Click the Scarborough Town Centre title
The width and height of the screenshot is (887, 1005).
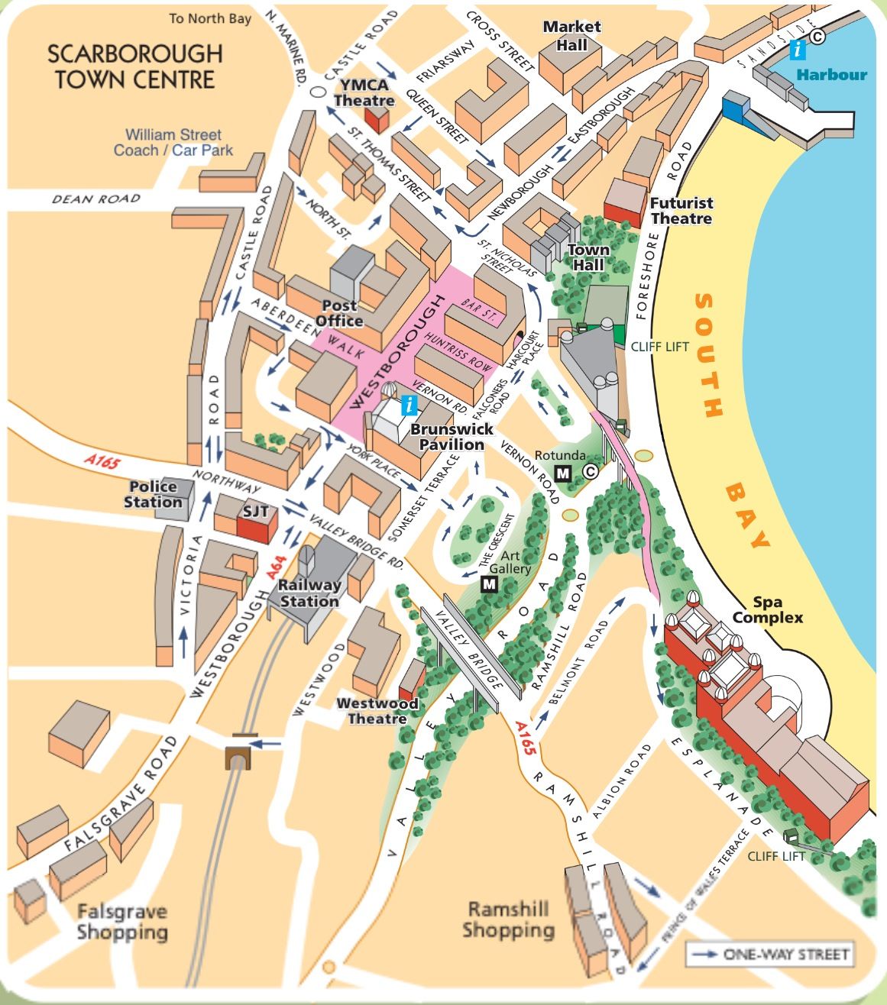point(134,66)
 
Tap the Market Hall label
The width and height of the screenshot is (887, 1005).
point(571,35)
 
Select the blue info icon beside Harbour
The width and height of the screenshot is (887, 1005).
point(798,50)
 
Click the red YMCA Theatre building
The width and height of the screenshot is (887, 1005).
point(376,119)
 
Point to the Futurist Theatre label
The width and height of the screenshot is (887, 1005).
point(681,211)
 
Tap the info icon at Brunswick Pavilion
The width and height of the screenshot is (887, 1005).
point(410,405)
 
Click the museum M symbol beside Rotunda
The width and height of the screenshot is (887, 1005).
point(563,473)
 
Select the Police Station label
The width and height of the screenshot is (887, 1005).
point(153,494)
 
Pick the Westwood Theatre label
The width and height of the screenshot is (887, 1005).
point(377,711)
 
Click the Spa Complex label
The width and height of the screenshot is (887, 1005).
point(767,610)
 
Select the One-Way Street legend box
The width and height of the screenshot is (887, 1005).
point(769,954)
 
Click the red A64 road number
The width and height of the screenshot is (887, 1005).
point(276,566)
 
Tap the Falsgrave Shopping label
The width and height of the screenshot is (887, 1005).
point(121,921)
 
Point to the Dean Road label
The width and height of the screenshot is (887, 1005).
point(96,199)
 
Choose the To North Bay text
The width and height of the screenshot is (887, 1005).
point(210,18)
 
